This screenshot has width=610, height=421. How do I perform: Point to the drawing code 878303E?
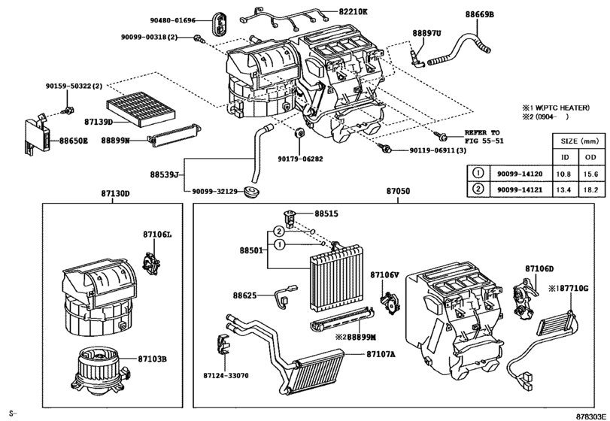[590, 413]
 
